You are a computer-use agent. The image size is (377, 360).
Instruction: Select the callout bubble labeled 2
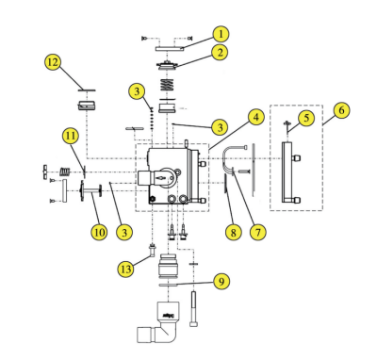point(219,53)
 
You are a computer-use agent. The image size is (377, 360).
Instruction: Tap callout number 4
point(255,118)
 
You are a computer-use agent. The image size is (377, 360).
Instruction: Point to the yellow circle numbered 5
point(305,118)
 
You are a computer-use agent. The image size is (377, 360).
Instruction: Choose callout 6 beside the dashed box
point(341,109)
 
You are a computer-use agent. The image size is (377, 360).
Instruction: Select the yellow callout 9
point(220,280)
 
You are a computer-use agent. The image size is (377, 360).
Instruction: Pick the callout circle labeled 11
point(72,136)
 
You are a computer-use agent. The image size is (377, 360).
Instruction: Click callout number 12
point(53,62)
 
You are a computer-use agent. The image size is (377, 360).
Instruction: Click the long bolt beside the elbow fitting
point(194,308)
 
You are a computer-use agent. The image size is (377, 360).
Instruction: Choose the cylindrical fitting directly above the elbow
point(171,270)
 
